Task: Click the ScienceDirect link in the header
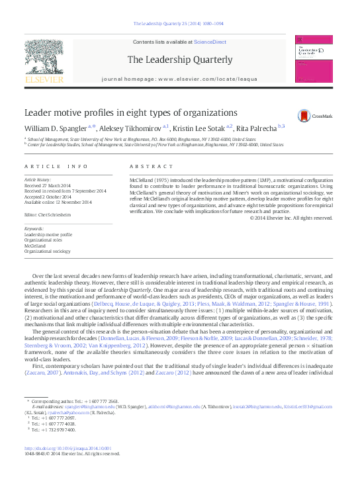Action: [210, 42]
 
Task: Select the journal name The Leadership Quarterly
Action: [180, 60]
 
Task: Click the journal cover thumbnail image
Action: [313, 61]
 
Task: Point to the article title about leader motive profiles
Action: [130, 112]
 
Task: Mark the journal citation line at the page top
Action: [179, 24]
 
